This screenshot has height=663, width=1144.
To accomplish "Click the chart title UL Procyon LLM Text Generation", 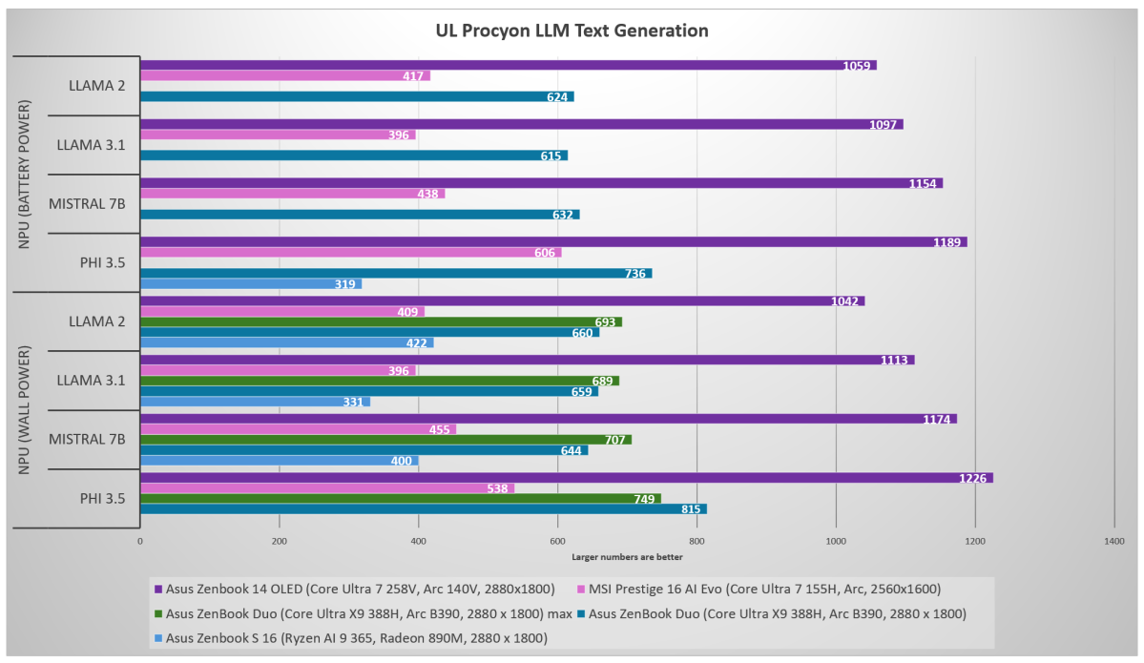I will pyautogui.click(x=572, y=31).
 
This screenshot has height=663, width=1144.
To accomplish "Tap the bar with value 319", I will pyautogui.click(x=250, y=284).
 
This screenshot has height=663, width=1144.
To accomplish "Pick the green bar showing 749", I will pyautogui.click(x=400, y=499).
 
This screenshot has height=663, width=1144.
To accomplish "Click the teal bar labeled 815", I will pyautogui.click(x=423, y=509).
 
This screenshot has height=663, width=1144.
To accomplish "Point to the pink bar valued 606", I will pyautogui.click(x=350, y=253).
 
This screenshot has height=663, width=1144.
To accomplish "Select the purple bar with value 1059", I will pyautogui.click(x=508, y=66).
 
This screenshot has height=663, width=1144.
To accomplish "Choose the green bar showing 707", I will pyautogui.click(x=385, y=440).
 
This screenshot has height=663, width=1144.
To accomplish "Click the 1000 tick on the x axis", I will pyautogui.click(x=836, y=541).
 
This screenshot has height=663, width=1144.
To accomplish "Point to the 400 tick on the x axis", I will pyautogui.click(x=418, y=541).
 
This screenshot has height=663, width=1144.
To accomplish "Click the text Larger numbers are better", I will pyautogui.click(x=627, y=557).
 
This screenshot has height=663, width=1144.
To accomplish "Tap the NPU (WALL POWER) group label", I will pyautogui.click(x=24, y=410).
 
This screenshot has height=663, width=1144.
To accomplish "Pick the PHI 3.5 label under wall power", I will pyautogui.click(x=99, y=498).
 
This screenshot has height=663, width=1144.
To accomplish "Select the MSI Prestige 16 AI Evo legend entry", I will pyautogui.click(x=777, y=590).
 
